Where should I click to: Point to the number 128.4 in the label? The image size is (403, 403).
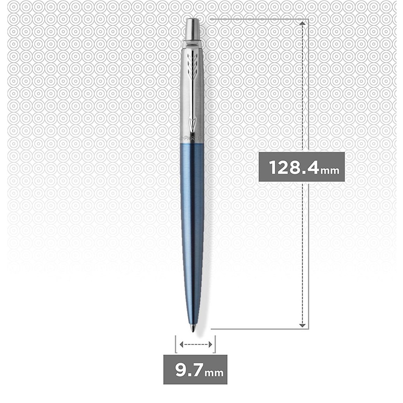(x=293, y=166)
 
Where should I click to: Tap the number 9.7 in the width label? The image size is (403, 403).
(x=188, y=369)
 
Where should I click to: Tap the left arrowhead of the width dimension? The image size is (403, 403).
(x=181, y=344)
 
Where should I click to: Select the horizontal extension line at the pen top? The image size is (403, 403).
(x=258, y=19)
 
